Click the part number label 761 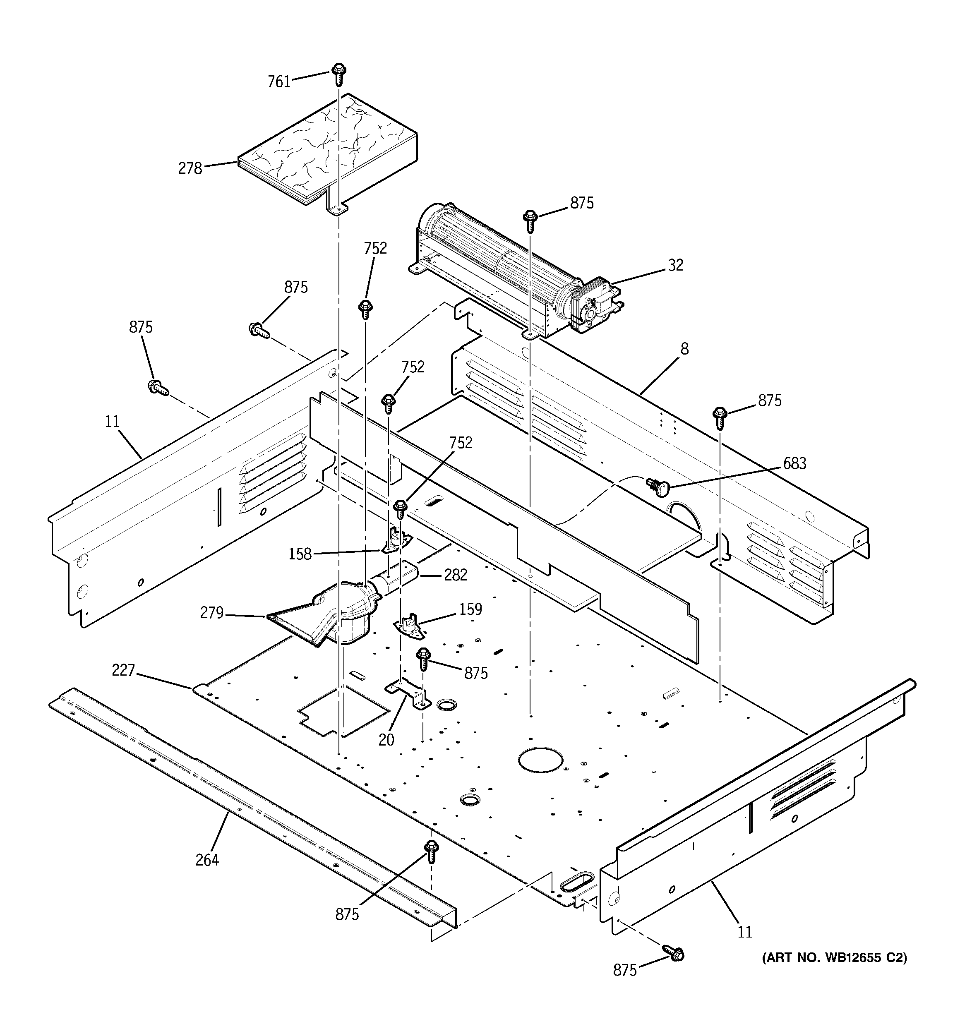(279, 82)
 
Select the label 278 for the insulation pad (190, 168)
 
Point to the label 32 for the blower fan (676, 265)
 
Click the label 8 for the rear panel (684, 349)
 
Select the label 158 (300, 554)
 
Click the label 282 (456, 575)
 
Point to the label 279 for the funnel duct (212, 613)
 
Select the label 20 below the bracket (386, 740)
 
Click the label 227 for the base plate (123, 670)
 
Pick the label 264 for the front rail (207, 860)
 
